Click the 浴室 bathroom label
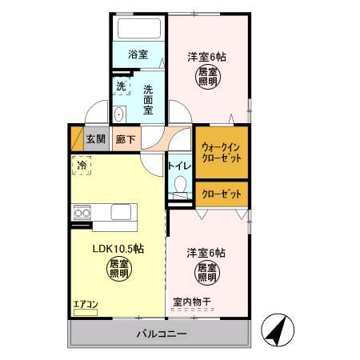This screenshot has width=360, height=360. click(x=138, y=55)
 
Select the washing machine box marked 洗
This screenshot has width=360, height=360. click(x=121, y=86)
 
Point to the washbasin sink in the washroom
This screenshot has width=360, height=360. click(x=120, y=112)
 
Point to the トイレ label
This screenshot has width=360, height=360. click(x=179, y=166)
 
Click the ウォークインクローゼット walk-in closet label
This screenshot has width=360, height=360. click(x=222, y=152)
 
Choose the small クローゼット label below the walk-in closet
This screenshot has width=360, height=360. click(x=222, y=194)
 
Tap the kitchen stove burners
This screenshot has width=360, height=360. click(x=82, y=212)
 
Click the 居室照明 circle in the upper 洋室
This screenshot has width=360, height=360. click(x=206, y=78)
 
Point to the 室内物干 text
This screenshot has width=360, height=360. click(x=192, y=302)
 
